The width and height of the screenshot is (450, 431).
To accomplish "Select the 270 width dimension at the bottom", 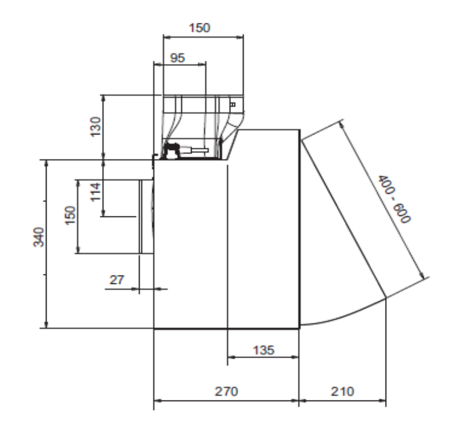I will pos(226,391).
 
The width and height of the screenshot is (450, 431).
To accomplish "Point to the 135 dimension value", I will pos(263,349).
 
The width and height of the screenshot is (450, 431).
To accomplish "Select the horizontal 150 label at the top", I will pos(203,27).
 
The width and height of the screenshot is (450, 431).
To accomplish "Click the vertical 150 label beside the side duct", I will pos(70,216).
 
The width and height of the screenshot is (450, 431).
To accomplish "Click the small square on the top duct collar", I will pos(233,104).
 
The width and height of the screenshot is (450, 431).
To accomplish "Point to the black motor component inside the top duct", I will pos(173,149).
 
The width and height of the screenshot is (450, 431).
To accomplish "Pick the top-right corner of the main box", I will pos(298,129).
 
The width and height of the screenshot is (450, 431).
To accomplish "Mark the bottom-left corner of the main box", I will pos(155,328).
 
